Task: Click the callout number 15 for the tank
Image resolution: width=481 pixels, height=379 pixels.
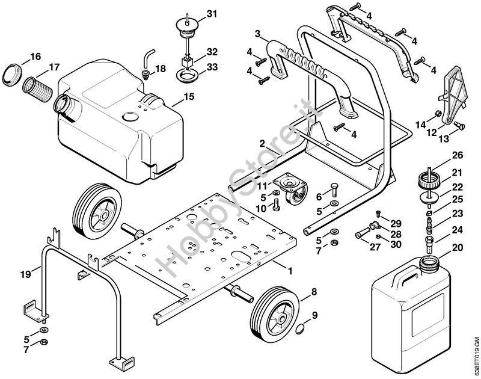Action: coord(189,96)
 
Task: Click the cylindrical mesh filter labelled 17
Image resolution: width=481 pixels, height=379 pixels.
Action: coord(40,90)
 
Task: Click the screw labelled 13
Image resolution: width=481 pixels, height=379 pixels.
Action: coord(460,126)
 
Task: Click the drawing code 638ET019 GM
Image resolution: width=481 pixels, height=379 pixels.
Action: coord(476,355)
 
